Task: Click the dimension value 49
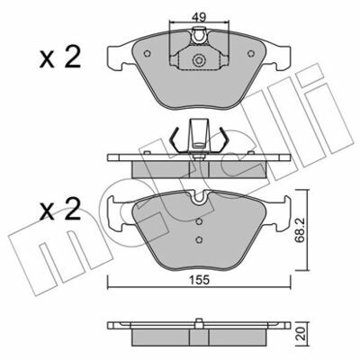point(199,17)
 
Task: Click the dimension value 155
point(199,280)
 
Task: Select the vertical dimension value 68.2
point(301,229)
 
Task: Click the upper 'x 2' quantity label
point(59,58)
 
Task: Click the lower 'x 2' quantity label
point(59,210)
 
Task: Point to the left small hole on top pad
point(147,54)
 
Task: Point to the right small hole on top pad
point(251,54)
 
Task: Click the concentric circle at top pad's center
point(199,60)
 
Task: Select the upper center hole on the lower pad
point(199,221)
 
